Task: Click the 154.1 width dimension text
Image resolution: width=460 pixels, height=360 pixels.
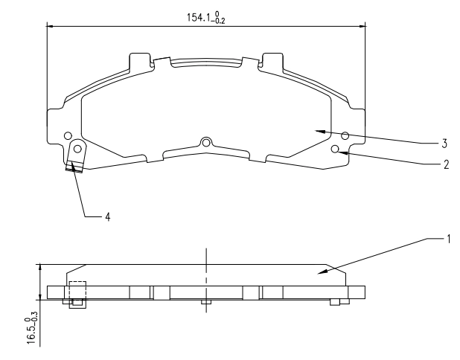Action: tap(206, 18)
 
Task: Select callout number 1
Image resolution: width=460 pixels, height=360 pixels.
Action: tap(448, 240)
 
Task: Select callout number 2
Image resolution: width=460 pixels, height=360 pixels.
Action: tap(446, 164)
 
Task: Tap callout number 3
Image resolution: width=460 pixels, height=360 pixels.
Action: tap(444, 144)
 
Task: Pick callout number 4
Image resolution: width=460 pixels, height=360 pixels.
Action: tap(108, 217)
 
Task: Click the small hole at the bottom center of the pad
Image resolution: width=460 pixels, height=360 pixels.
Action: tap(206, 143)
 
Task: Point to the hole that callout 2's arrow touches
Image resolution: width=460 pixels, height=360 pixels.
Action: tap(335, 149)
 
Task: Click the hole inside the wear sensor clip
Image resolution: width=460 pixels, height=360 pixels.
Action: tap(77, 149)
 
